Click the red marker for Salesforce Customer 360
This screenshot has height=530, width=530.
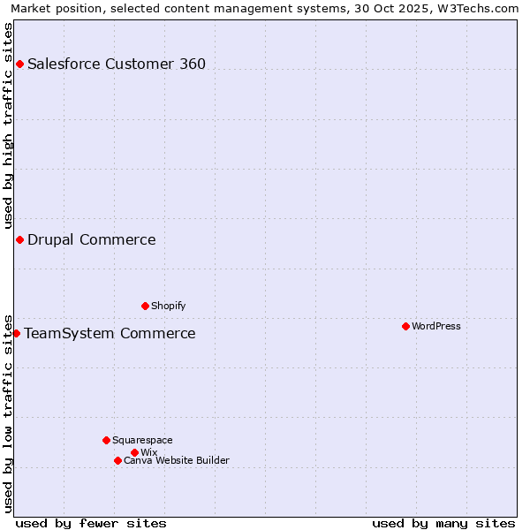tap(19, 64)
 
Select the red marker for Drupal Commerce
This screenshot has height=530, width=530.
tap(19, 239)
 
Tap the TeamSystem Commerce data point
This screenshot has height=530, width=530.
tap(16, 333)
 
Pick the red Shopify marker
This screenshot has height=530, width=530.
tap(145, 306)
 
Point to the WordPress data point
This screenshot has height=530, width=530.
tap(405, 326)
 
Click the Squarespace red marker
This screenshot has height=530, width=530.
tap(106, 440)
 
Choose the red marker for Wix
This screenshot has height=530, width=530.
tap(134, 452)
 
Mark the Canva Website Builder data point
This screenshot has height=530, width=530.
tap(117, 460)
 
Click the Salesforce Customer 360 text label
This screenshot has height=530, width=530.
tap(117, 64)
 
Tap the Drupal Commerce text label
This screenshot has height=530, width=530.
tap(92, 239)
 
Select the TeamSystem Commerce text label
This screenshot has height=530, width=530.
tap(110, 333)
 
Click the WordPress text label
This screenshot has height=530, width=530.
tap(436, 326)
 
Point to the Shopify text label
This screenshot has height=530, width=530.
tap(169, 306)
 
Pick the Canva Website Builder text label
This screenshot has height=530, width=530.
tap(177, 460)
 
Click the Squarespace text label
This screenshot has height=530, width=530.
tap(143, 440)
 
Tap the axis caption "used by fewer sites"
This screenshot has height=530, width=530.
tap(91, 523)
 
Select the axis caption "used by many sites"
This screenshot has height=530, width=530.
tap(443, 523)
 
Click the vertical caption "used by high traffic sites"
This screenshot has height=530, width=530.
tap(8, 125)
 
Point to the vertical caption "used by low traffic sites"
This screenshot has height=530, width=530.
tap(8, 413)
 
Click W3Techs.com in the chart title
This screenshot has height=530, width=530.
tap(482, 8)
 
